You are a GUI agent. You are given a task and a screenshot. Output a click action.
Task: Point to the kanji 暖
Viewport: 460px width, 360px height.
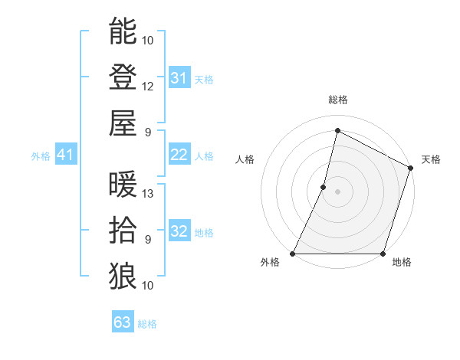coord(123,185)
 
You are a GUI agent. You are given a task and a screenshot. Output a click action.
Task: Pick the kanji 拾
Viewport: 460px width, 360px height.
coord(123,229)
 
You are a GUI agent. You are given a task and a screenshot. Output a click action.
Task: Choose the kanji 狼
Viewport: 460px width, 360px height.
coord(123,274)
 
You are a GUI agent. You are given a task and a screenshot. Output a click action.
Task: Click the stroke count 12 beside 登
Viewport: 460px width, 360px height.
coord(148,86)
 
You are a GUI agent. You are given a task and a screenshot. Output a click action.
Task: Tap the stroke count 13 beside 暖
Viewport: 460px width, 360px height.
coord(148,194)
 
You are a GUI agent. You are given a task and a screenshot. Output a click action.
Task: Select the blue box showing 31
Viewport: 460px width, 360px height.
coord(179,78)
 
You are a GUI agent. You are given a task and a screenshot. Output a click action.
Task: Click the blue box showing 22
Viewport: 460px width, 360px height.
coord(179,155)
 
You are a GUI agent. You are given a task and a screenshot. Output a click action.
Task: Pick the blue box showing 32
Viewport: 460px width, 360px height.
coord(179,231)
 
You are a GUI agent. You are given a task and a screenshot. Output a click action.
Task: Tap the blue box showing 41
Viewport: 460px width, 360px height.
coord(66,155)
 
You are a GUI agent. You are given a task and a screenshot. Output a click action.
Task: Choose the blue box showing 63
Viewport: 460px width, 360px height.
coord(123,322)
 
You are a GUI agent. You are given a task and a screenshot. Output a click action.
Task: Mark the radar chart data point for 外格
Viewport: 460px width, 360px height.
coord(293,254)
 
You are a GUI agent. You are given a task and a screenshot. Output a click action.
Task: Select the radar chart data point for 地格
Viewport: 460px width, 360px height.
coord(383,254)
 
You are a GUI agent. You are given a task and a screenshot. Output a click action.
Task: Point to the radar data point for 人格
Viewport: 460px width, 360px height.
coord(324,187)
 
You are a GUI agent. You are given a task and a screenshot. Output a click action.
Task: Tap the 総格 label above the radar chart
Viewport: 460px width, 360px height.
coord(338,100)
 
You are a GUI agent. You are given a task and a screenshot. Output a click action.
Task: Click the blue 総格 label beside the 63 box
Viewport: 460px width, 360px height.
coord(148,324)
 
